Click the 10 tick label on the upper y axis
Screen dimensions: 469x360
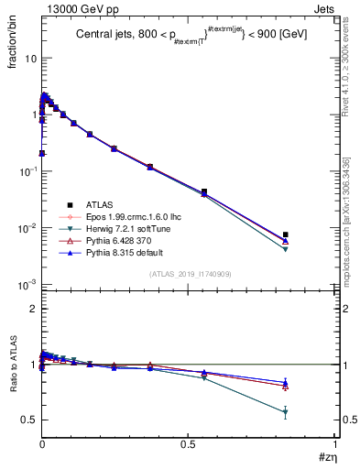pos(29,58)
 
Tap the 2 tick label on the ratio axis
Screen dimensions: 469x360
pos(32,309)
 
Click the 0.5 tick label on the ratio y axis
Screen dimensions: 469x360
pos(28,420)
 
